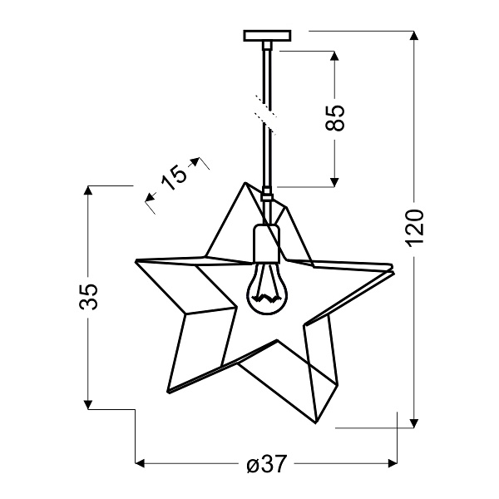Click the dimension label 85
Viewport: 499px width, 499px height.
click(334, 116)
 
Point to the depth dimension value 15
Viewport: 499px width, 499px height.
click(174, 176)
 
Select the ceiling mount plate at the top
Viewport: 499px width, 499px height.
click(268, 37)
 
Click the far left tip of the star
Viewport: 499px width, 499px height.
click(136, 261)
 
